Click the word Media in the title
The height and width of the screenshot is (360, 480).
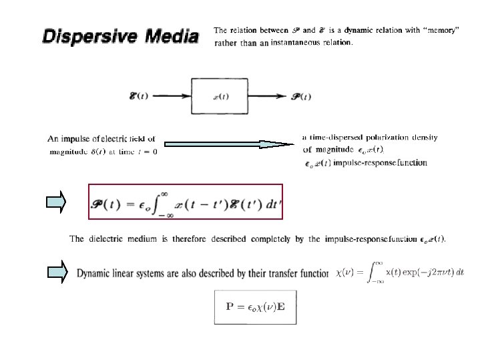pyautogui.click(x=168, y=35)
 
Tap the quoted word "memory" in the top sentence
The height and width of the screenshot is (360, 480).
pyautogui.click(x=440, y=30)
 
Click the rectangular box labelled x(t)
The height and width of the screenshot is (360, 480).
pyautogui.click(x=224, y=96)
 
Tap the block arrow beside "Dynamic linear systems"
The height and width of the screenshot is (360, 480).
pyautogui.click(x=58, y=273)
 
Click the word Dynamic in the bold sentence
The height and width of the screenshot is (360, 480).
pyautogui.click(x=96, y=273)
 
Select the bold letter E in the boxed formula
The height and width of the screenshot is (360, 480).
pyautogui.click(x=280, y=307)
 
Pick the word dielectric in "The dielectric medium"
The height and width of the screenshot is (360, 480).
pyautogui.click(x=110, y=238)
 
